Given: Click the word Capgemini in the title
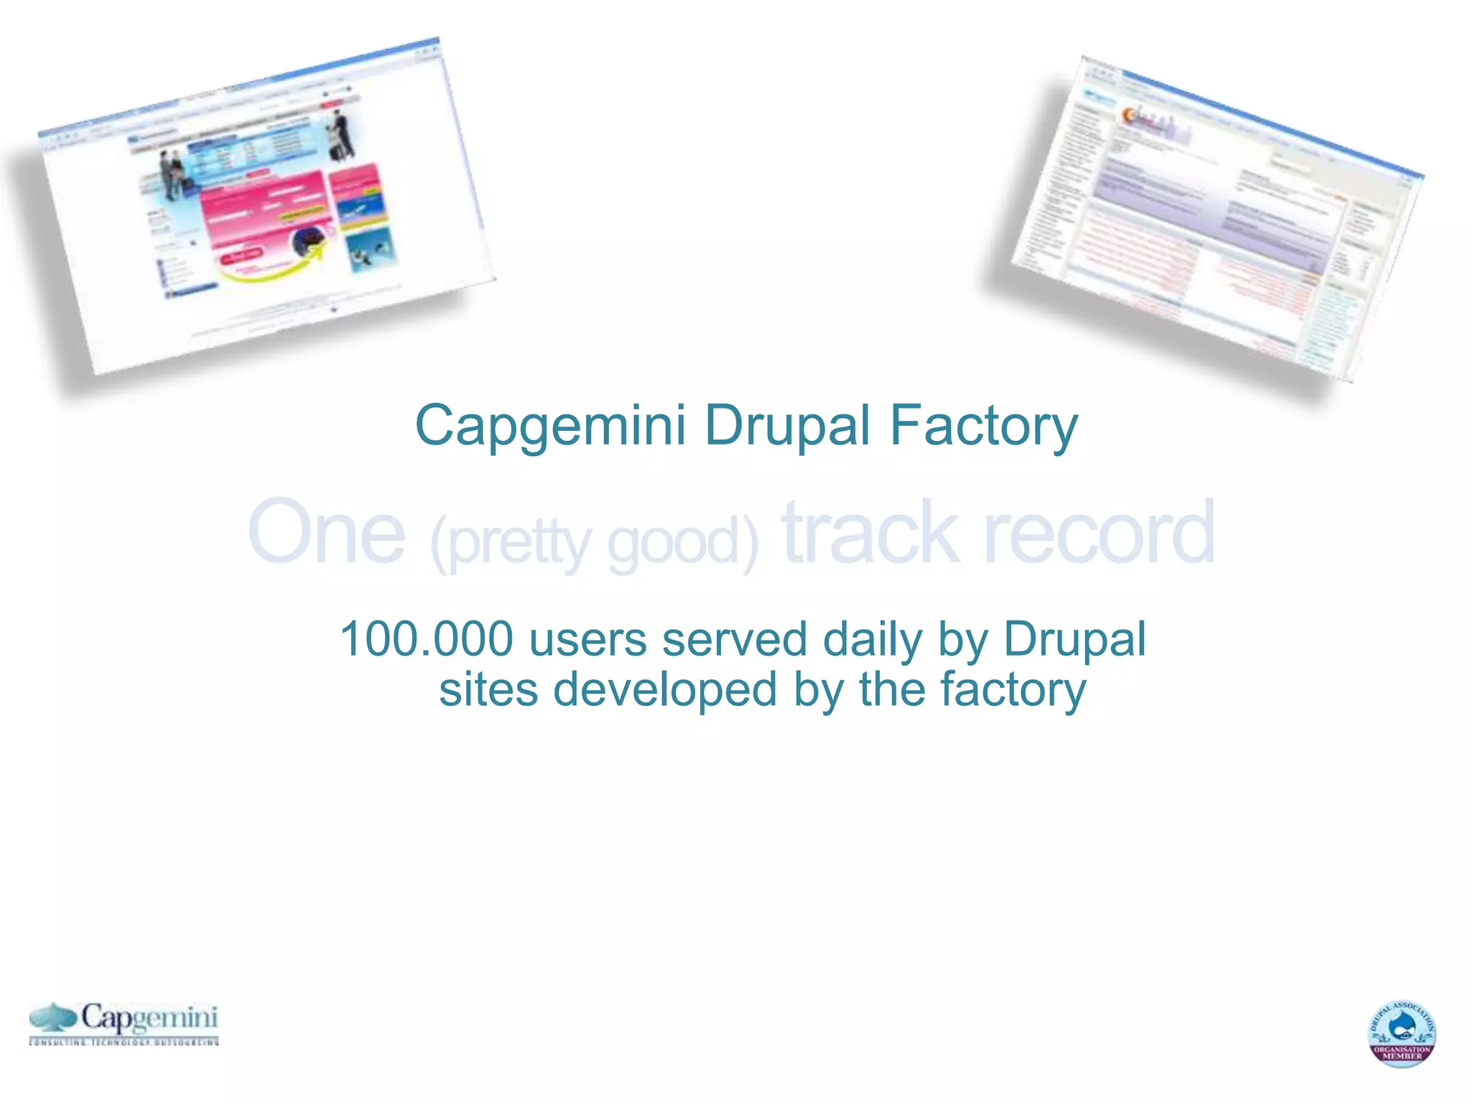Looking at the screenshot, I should point(550,427).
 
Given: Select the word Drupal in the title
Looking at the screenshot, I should point(787,425).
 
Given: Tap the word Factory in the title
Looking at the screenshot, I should point(984,427).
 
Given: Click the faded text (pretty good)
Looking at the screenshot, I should point(594,543).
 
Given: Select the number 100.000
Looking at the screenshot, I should point(427,639).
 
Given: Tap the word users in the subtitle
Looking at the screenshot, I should point(588,639).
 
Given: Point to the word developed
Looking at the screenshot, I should point(665,689).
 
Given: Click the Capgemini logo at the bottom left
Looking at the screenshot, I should point(124,1023).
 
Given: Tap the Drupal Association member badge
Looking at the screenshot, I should point(1401,1033).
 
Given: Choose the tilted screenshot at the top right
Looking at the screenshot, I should point(1207,223).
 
